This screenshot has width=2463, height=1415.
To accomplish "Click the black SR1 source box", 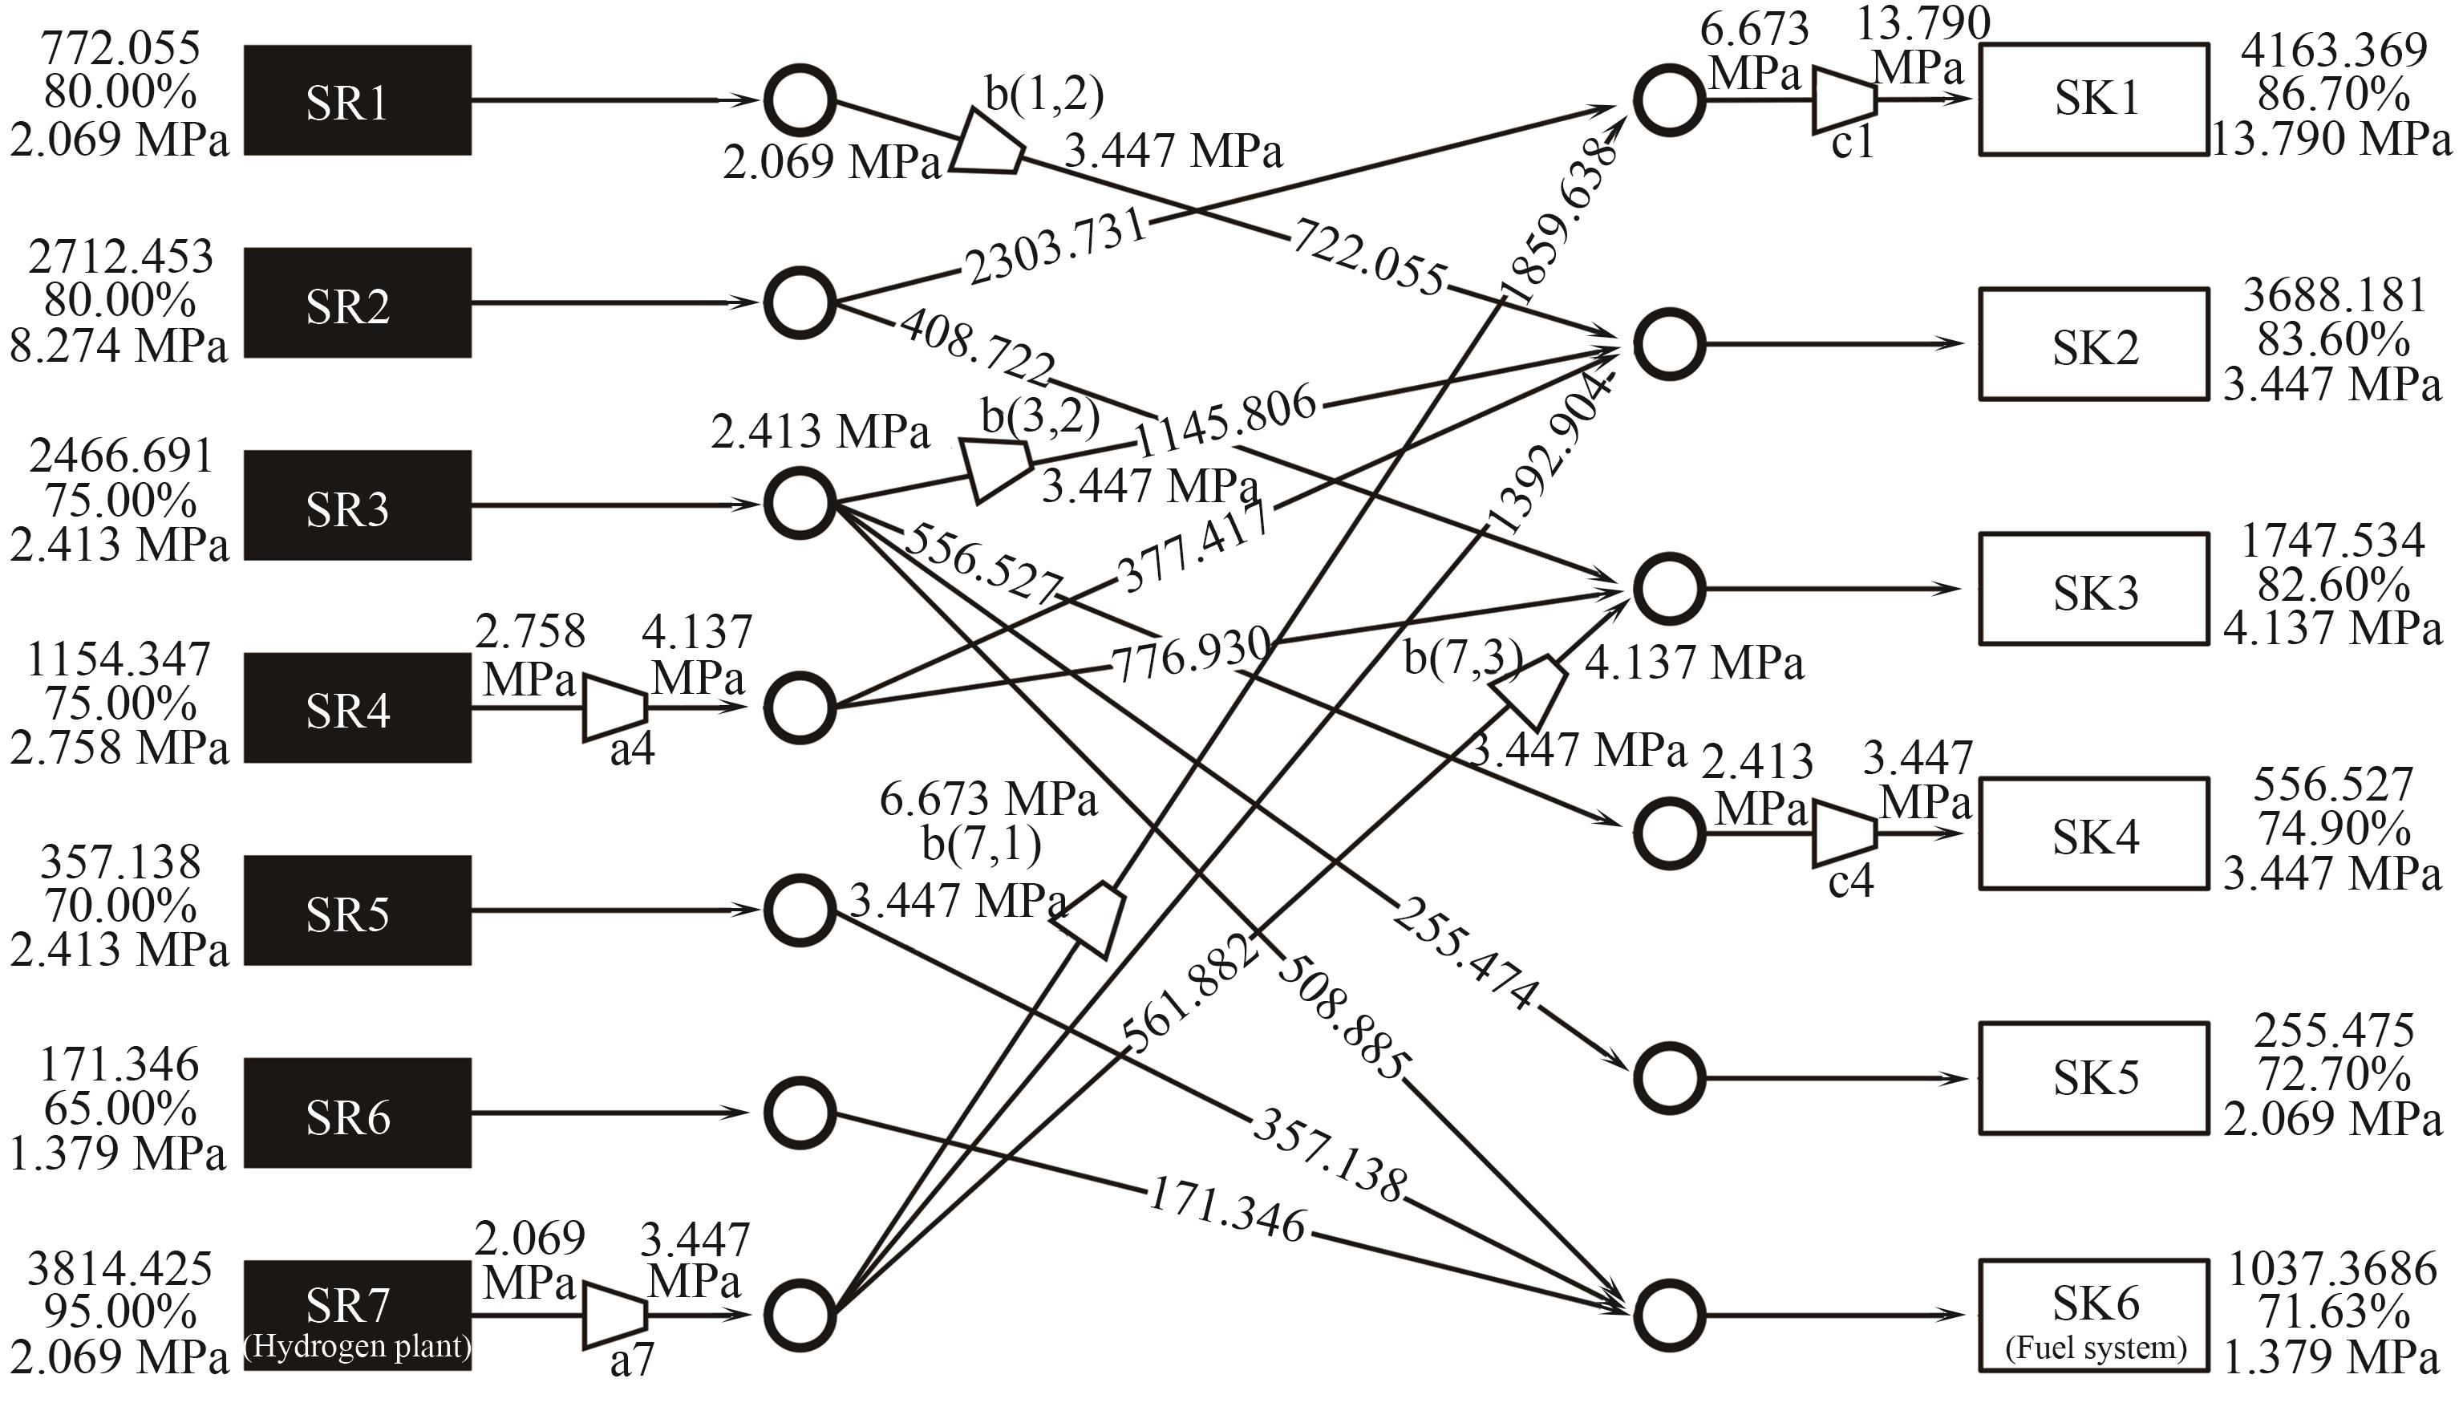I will [x=357, y=100].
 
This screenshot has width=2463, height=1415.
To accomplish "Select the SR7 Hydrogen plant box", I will [x=357, y=1315].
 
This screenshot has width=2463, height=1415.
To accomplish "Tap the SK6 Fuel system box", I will [x=2094, y=1315].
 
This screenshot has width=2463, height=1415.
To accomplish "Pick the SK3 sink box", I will [x=2094, y=589].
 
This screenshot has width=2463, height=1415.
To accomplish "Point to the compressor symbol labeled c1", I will [x=1843, y=100].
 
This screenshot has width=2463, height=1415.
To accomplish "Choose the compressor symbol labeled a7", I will [x=614, y=1317].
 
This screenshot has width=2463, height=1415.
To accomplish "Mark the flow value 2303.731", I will [x=1056, y=248].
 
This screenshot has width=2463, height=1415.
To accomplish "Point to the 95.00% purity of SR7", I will [x=120, y=1313].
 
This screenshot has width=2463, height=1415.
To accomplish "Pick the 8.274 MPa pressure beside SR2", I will [x=119, y=346].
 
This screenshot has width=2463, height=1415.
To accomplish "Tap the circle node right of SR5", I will [x=800, y=910].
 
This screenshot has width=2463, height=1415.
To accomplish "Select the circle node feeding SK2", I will [x=1668, y=344].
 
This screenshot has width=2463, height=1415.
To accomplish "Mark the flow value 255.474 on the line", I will [x=1465, y=955].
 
